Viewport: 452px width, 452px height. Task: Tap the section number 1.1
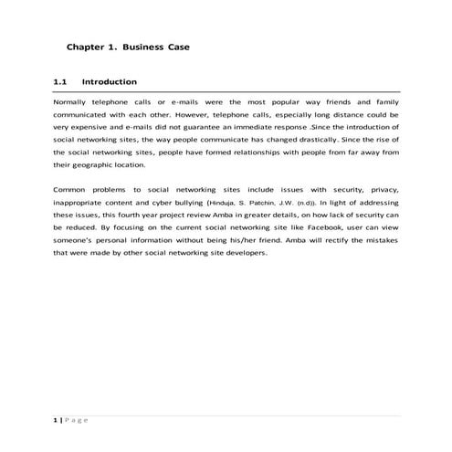click(x=61, y=82)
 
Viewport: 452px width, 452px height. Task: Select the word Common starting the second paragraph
click(x=71, y=188)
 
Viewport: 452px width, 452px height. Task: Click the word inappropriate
click(x=82, y=201)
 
